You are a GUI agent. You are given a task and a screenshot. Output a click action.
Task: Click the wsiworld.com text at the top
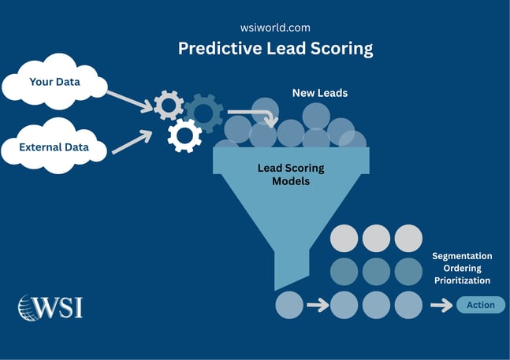[x=275, y=26]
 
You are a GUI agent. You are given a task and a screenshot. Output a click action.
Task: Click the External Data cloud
[x=54, y=147]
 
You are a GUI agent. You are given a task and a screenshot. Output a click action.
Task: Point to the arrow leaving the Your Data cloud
[x=129, y=99]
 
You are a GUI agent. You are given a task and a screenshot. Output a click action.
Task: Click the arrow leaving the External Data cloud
[x=132, y=142]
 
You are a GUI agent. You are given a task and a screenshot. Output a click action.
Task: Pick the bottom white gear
[x=184, y=136]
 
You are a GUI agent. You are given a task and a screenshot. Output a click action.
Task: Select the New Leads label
[x=320, y=93]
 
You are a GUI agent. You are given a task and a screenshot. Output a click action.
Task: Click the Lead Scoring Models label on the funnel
[x=291, y=174]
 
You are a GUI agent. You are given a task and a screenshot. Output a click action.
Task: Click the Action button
[x=481, y=305]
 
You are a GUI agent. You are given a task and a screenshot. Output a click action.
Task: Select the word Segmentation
[x=462, y=256]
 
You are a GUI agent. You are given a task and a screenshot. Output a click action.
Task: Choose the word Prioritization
[x=462, y=280]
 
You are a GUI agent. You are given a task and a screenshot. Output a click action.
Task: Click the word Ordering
[x=462, y=269]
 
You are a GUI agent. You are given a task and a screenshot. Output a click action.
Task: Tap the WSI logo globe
[x=31, y=307]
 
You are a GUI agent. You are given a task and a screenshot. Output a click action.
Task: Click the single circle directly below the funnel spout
[x=289, y=305]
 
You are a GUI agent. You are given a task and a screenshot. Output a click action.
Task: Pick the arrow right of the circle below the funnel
[x=316, y=305]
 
